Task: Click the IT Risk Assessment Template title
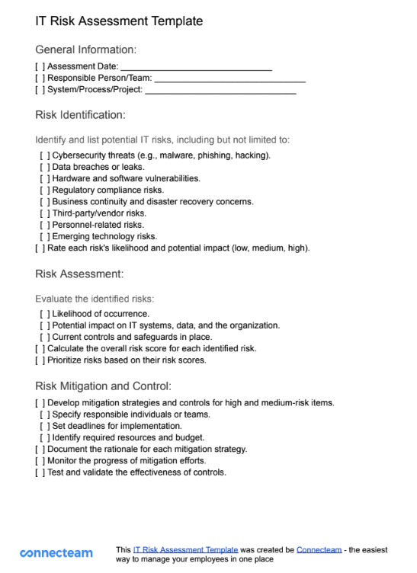tap(119, 21)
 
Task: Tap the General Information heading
tap(85, 50)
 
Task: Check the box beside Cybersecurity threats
tap(45, 155)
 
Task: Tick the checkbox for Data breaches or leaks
tap(45, 167)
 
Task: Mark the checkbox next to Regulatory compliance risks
tap(45, 190)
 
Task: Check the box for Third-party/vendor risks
tap(45, 213)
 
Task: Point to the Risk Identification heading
tap(80, 115)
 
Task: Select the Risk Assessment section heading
tap(79, 274)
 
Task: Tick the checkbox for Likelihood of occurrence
tap(45, 314)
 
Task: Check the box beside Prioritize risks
tap(40, 360)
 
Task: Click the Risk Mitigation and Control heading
tap(103, 386)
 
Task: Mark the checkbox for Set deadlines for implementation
tap(45, 426)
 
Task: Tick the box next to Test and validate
tap(40, 472)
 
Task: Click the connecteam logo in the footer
tap(56, 553)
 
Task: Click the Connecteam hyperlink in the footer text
tap(319, 549)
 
